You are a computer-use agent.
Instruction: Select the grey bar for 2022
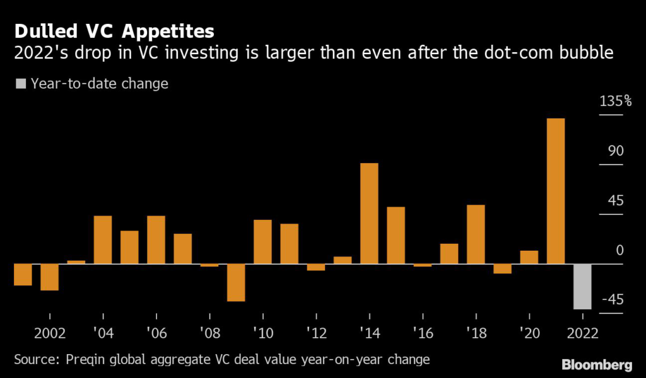(582, 287)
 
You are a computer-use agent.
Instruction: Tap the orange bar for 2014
(369, 214)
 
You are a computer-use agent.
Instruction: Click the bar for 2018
(476, 234)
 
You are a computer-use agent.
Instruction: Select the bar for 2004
(103, 240)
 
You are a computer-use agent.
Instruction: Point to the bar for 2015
(396, 236)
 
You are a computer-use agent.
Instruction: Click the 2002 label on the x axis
(49, 333)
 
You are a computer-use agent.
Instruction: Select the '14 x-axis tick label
(369, 333)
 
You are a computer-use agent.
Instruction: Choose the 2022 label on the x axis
(582, 333)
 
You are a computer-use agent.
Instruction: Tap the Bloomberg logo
(597, 364)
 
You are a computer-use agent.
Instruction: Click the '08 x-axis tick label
(209, 333)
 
